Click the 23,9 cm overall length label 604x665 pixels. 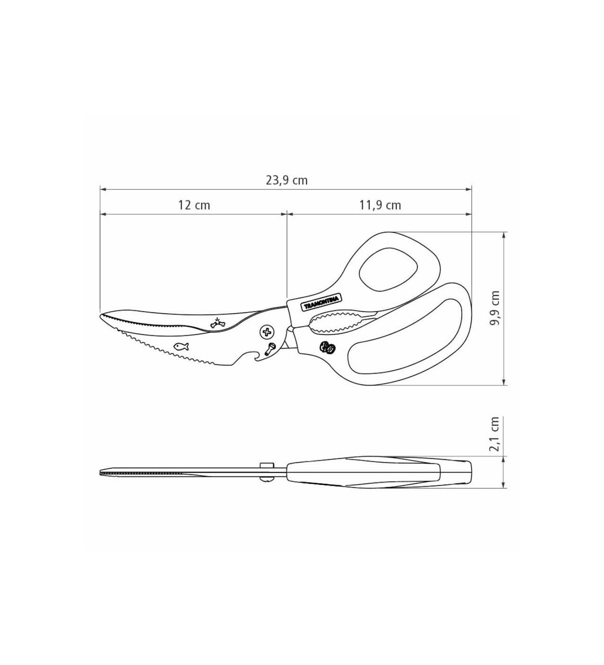click(x=286, y=180)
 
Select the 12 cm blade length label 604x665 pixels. click(x=194, y=205)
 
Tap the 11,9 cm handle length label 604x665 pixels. click(x=380, y=205)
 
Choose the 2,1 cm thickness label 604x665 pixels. click(x=495, y=433)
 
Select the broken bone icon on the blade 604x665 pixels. click(x=218, y=323)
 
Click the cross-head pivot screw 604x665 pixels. click(x=268, y=332)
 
